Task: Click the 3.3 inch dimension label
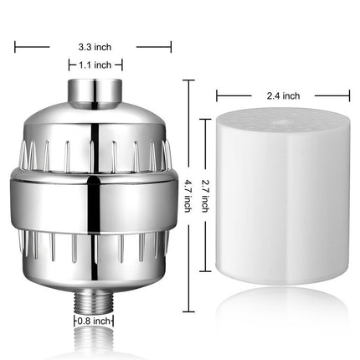94,48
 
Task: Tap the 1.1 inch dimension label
95,64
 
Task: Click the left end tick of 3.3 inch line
15,48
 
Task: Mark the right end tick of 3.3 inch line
172,48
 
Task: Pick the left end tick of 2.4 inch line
218,95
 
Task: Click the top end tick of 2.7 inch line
207,119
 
